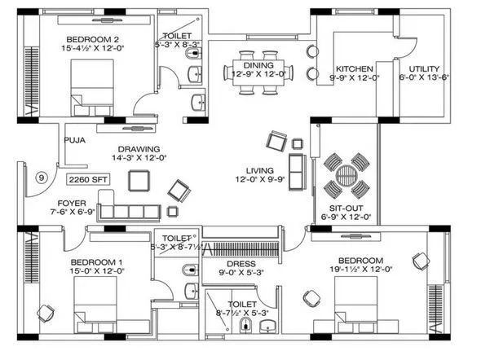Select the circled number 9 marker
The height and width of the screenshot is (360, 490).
tap(41, 178)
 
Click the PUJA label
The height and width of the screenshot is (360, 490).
tap(76, 139)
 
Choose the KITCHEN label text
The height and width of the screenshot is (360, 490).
tap(355, 68)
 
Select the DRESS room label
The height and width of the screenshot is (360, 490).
tap(242, 264)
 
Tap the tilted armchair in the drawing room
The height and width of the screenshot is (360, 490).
tap(180, 192)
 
